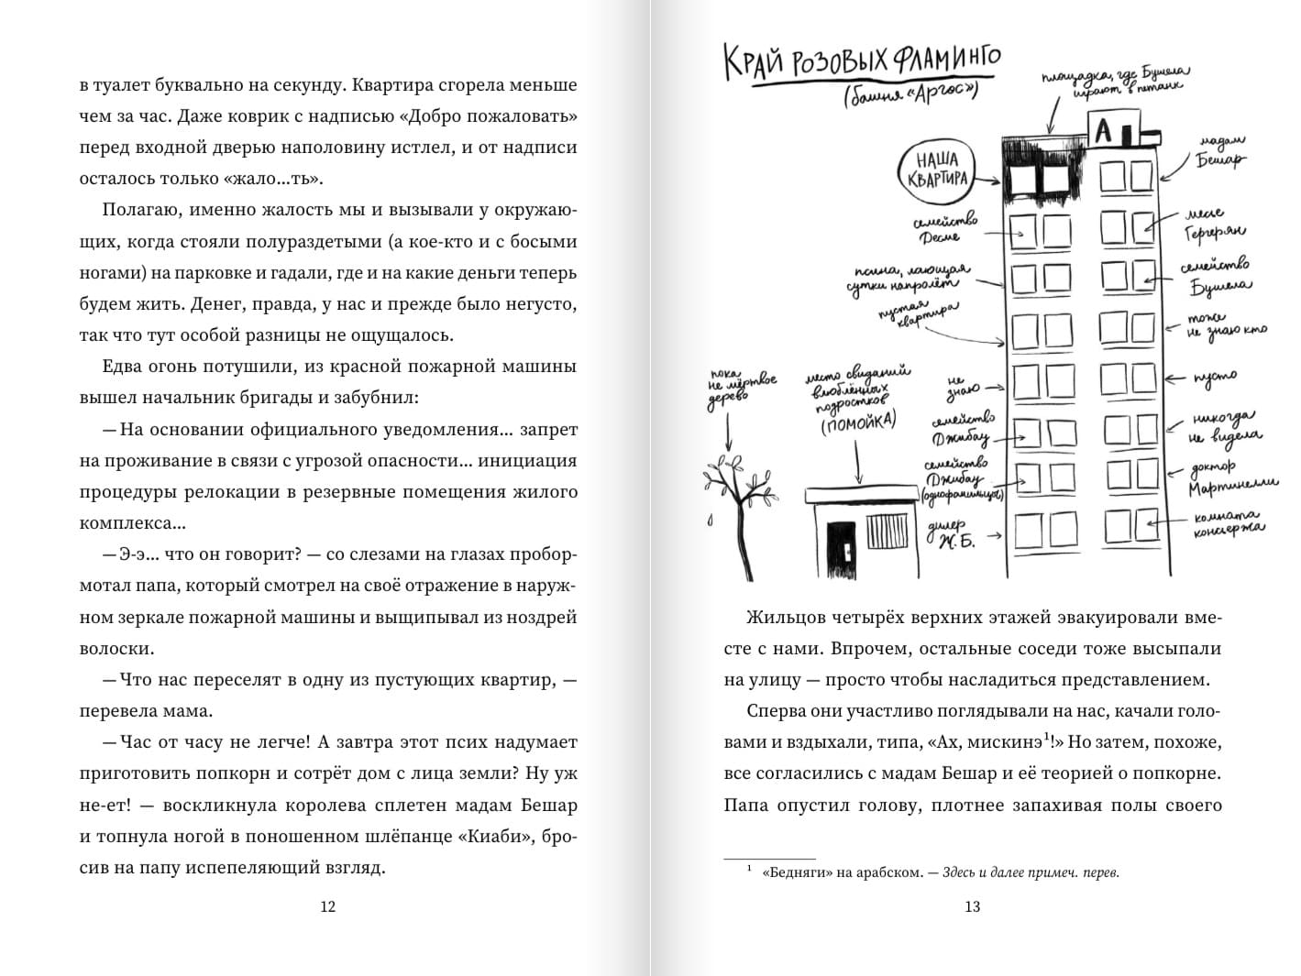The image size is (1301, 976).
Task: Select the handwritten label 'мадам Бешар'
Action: (x=1220, y=152)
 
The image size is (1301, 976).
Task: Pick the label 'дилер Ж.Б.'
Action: (x=957, y=533)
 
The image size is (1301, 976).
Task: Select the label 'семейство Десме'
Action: (x=944, y=229)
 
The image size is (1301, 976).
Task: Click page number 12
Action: (x=328, y=906)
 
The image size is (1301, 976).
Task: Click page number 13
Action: (x=973, y=906)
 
